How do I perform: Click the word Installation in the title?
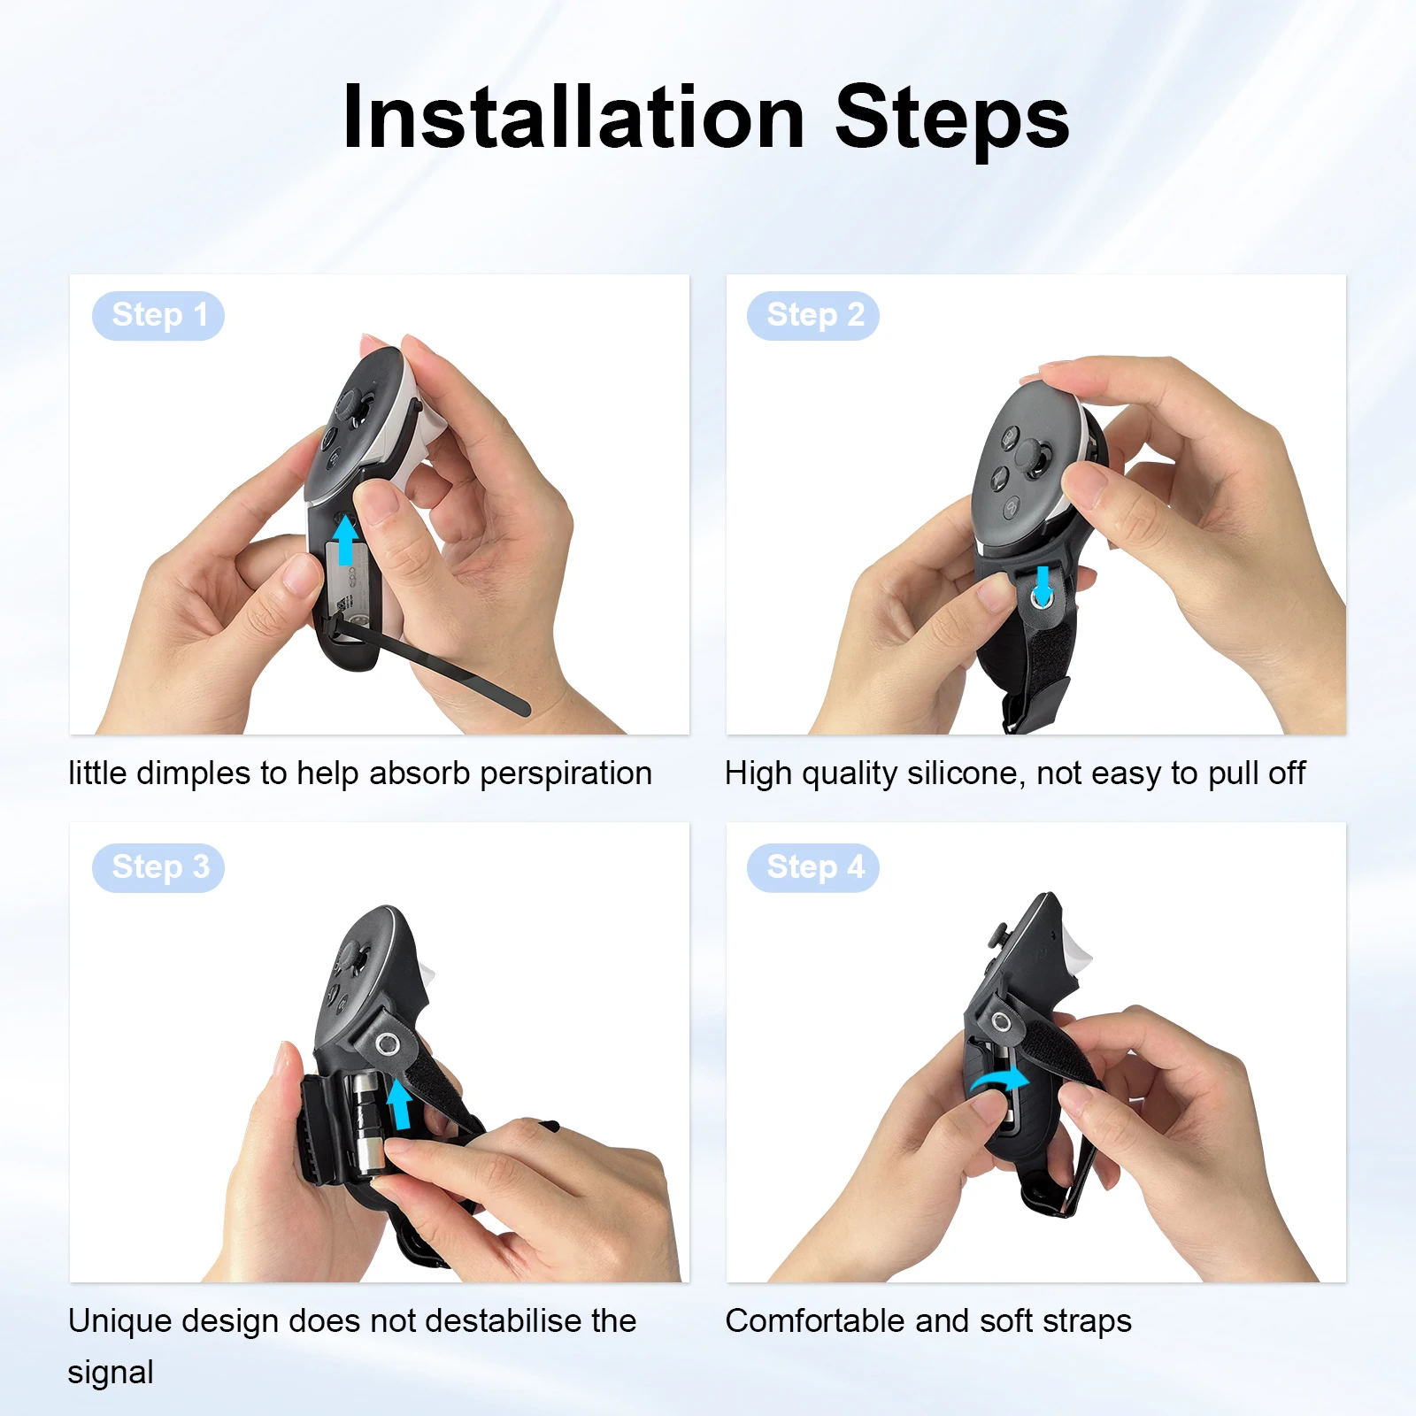pos(573,118)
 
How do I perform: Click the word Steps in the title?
pos(952,118)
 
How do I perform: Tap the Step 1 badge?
pos(158,315)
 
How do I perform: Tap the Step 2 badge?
pos(813,315)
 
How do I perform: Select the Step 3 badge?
pos(158,867)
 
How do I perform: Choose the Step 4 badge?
pos(813,867)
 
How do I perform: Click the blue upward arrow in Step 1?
pos(345,540)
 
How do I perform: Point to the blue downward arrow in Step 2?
pos(1043,583)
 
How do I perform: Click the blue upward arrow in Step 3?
pos(400,1104)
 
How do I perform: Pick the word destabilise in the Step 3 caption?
pos(491,1321)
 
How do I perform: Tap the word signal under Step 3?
pos(111,1374)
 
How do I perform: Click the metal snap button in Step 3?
pos(387,1044)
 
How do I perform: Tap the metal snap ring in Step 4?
pos(1001,1023)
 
